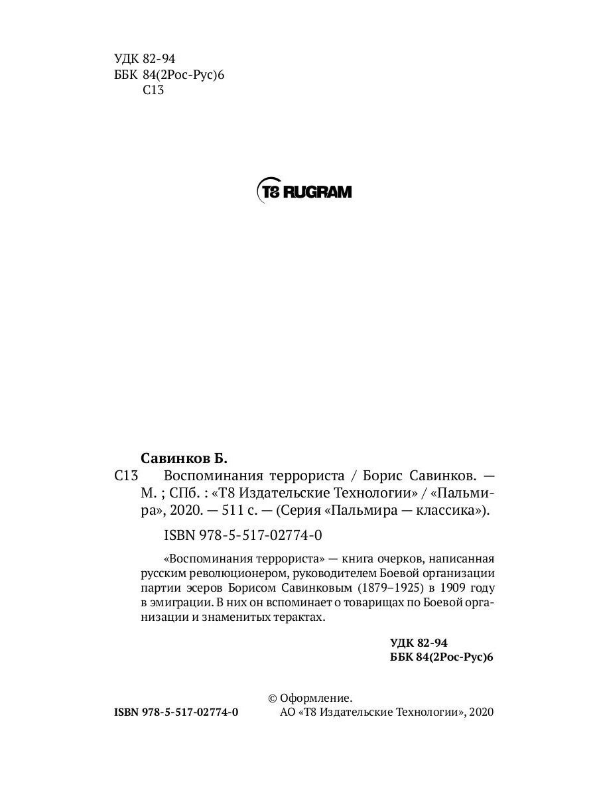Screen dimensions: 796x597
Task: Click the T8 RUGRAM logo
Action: click(304, 192)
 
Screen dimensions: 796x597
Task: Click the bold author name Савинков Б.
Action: click(184, 458)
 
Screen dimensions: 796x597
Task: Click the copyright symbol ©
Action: click(272, 698)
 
